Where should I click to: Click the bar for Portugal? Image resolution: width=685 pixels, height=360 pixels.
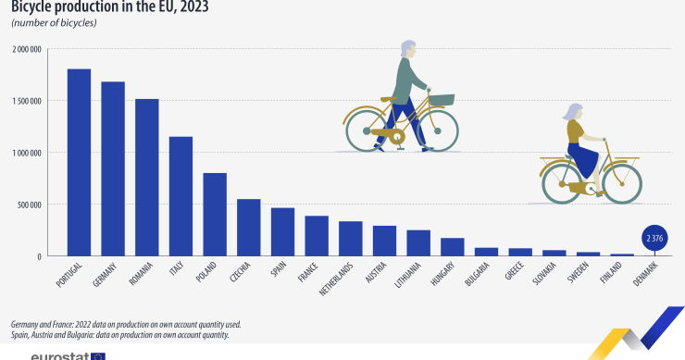pyautogui.click(x=79, y=163)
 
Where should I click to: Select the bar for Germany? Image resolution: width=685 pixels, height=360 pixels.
pyautogui.click(x=113, y=168)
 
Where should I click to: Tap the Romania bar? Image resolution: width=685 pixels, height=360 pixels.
pyautogui.click(x=146, y=178)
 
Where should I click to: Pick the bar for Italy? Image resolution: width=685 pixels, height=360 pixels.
pyautogui.click(x=181, y=196)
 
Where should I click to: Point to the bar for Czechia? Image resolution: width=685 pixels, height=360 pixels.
pyautogui.click(x=248, y=228)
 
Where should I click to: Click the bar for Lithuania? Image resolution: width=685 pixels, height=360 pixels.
pyautogui.click(x=418, y=243)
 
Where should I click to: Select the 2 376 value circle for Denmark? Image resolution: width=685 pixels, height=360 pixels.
pyautogui.click(x=656, y=239)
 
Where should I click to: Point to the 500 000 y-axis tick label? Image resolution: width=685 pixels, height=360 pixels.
pyautogui.click(x=30, y=205)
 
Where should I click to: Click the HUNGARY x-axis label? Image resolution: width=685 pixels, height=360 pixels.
pyautogui.click(x=452, y=276)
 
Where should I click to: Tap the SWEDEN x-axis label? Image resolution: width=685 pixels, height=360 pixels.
pyautogui.click(x=588, y=274)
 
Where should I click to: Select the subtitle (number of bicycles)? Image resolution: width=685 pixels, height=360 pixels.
pyautogui.click(x=54, y=22)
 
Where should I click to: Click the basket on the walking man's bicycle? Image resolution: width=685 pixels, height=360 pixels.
pyautogui.click(x=441, y=98)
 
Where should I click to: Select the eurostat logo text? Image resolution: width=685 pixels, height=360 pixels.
pyautogui.click(x=56, y=355)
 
